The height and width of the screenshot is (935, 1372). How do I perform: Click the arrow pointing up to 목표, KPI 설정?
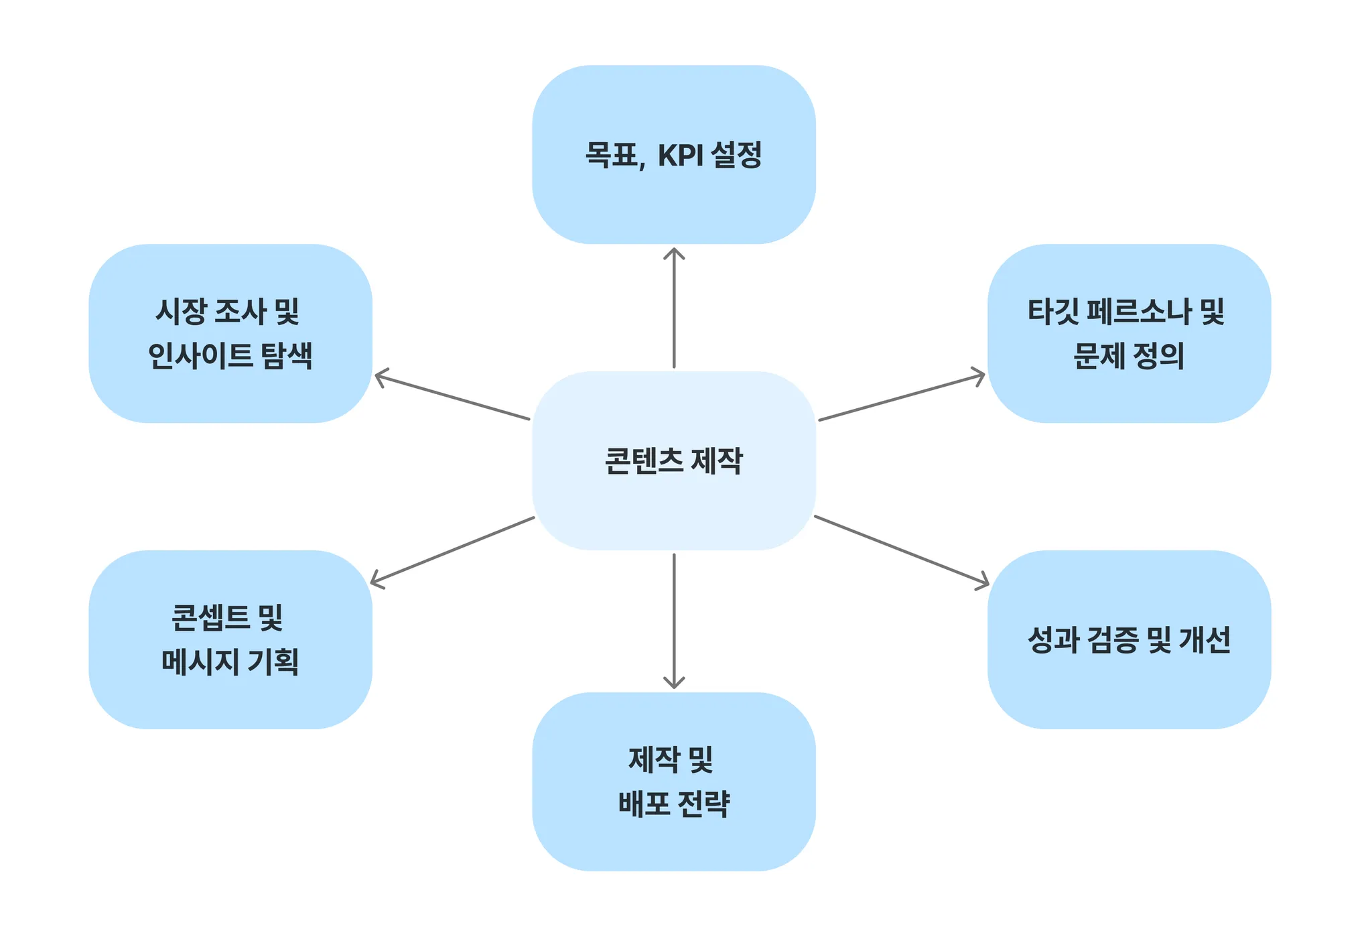674,308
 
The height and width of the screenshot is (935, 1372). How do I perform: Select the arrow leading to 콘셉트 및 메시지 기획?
452,551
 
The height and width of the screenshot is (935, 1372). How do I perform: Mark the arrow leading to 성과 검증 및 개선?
901,551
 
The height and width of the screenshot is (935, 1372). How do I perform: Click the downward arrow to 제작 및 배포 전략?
674,620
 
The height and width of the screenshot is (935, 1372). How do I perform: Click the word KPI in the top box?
681,155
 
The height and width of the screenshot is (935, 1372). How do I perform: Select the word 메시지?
200,662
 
